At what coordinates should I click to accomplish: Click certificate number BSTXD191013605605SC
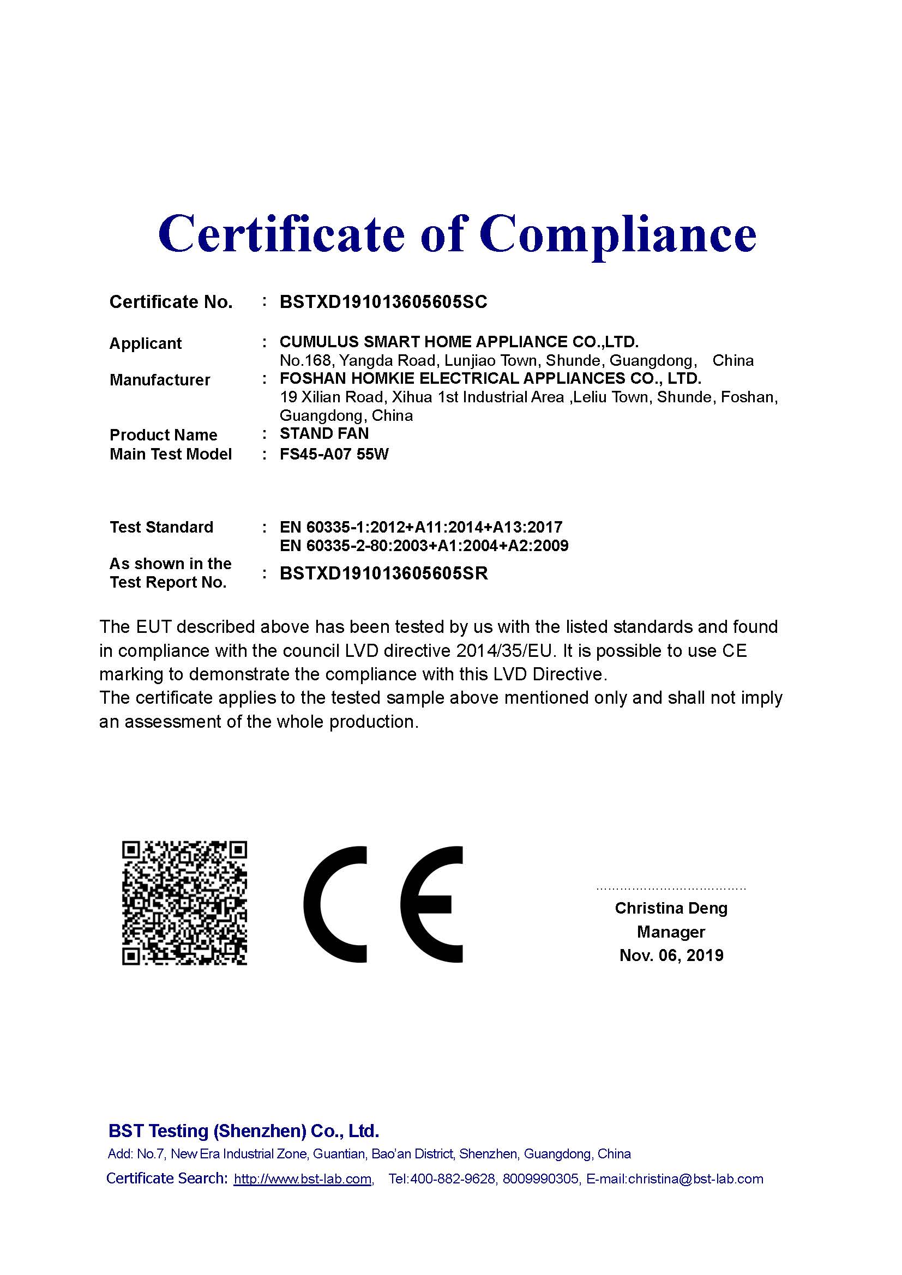[383, 302]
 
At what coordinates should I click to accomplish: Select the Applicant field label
[146, 344]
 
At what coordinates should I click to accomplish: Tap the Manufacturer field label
[160, 380]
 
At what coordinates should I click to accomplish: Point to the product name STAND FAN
[324, 434]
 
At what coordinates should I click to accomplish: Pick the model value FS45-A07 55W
[334, 454]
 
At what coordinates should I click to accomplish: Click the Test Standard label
[161, 527]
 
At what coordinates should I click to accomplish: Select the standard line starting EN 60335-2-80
[424, 546]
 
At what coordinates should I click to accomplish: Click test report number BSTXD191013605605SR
[384, 573]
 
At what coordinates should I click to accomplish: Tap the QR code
[184, 903]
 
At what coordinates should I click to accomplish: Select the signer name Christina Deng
[671, 908]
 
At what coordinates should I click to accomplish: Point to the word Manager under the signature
[671, 932]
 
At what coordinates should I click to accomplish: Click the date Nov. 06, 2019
[671, 956]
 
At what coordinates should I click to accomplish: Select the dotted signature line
[671, 889]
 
